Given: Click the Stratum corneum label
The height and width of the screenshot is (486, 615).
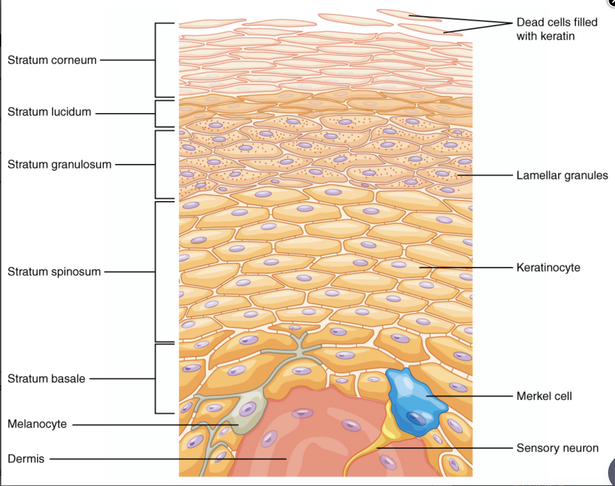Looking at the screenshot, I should click(52, 60).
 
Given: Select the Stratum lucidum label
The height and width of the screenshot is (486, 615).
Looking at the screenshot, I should click(49, 112).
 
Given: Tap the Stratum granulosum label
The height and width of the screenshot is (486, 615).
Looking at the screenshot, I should click(59, 164).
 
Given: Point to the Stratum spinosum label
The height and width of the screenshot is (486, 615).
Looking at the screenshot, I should click(54, 272).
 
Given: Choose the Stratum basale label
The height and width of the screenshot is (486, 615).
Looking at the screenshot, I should click(46, 379).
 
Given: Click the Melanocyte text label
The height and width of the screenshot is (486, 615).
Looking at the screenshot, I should click(37, 424).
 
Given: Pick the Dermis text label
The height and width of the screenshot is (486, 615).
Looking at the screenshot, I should click(26, 459).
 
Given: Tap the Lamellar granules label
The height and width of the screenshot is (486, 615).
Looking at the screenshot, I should click(562, 176).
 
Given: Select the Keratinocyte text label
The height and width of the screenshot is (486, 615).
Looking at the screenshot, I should click(548, 268).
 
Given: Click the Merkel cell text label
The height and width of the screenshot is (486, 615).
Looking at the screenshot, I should click(544, 396).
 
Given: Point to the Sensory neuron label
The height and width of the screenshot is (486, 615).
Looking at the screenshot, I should click(557, 448).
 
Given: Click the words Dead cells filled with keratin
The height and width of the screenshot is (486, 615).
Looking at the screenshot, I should click(556, 29).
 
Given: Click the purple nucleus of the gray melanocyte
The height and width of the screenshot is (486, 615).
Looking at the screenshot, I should click(248, 409).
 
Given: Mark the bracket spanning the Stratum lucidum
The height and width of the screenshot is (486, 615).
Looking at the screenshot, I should click(156, 113).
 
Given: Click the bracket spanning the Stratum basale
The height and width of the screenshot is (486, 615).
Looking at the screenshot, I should click(156, 379).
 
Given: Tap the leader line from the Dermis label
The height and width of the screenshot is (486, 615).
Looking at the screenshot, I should click(166, 459).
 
